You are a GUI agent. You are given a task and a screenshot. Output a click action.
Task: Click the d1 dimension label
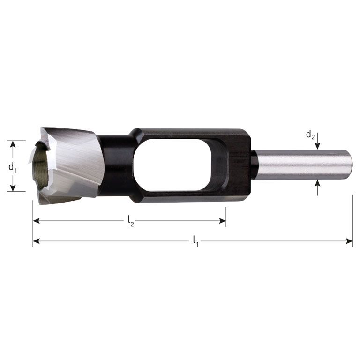coord(13,166)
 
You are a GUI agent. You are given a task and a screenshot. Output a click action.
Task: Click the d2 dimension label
coord(310,135)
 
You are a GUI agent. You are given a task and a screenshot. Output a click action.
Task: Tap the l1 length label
coord(195,242)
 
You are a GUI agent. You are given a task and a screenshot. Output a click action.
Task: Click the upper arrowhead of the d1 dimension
coord(13,143)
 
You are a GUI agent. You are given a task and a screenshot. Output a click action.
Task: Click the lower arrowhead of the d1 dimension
coord(13,188)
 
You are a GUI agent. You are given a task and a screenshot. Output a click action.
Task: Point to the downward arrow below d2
coord(318,146)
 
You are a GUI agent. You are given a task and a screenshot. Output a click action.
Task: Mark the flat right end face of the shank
coord(351,165)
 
